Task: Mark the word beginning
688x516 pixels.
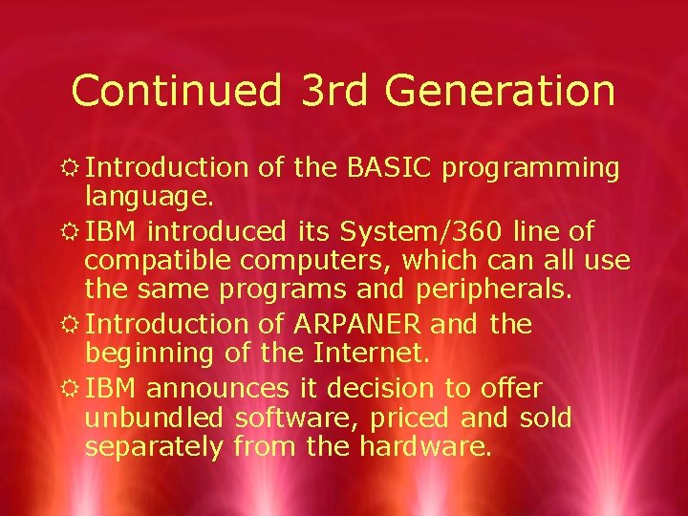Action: [149, 354]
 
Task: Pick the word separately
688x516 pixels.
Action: [153, 446]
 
